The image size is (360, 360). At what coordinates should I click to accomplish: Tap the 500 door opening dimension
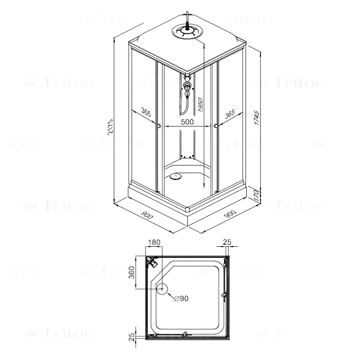187,122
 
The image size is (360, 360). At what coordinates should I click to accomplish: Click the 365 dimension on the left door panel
146,112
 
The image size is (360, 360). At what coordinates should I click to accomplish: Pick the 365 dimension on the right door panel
229,112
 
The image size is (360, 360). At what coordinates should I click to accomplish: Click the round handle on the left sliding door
160,126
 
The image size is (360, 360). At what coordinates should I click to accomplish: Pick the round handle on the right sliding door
216,125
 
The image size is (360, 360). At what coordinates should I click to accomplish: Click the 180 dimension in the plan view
154,243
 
